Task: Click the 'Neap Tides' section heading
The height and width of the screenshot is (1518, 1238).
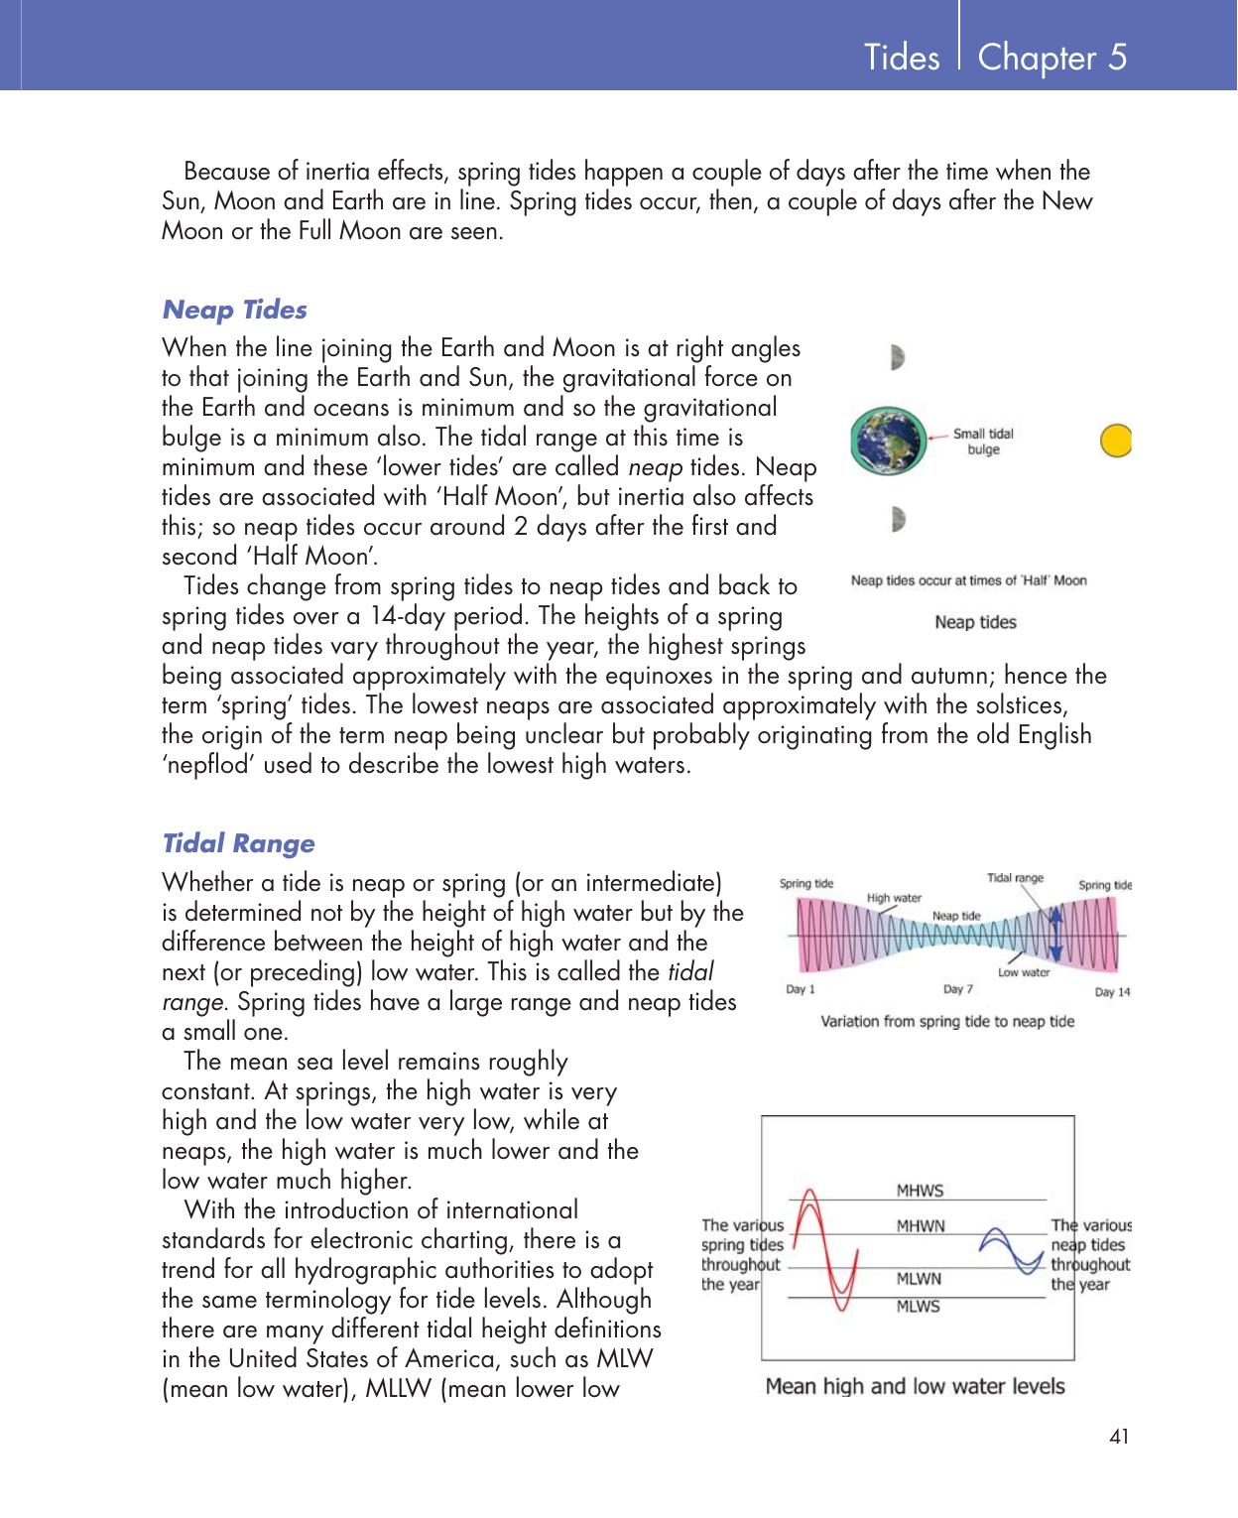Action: tap(234, 311)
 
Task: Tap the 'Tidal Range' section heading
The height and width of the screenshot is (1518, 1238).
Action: tap(238, 844)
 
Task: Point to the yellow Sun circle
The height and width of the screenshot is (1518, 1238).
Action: tap(1117, 441)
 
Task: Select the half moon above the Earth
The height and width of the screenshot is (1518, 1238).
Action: tap(898, 357)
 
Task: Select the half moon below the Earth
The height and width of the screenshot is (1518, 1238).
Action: tap(898, 519)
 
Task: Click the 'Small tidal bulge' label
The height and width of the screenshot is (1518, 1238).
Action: tap(983, 442)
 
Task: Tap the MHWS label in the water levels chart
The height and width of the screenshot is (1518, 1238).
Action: tap(920, 1191)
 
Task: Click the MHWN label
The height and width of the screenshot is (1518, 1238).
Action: tap(921, 1226)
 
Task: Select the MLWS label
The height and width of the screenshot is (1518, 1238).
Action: tap(919, 1307)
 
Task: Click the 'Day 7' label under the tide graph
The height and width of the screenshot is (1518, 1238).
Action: tap(957, 989)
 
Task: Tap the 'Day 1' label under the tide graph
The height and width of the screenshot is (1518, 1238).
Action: tap(801, 989)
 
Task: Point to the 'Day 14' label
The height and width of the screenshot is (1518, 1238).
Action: tap(1112, 991)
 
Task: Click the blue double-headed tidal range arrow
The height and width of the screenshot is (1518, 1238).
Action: tap(1055, 934)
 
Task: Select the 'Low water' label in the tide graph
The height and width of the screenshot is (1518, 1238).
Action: tap(1023, 972)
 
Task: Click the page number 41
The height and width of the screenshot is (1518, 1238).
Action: tap(1120, 1437)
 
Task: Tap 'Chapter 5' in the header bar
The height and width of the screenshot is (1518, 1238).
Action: tap(1052, 58)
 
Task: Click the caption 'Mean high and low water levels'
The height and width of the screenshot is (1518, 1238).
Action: tap(915, 1386)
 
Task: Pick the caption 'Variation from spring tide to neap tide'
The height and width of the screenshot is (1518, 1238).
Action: tap(947, 1021)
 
